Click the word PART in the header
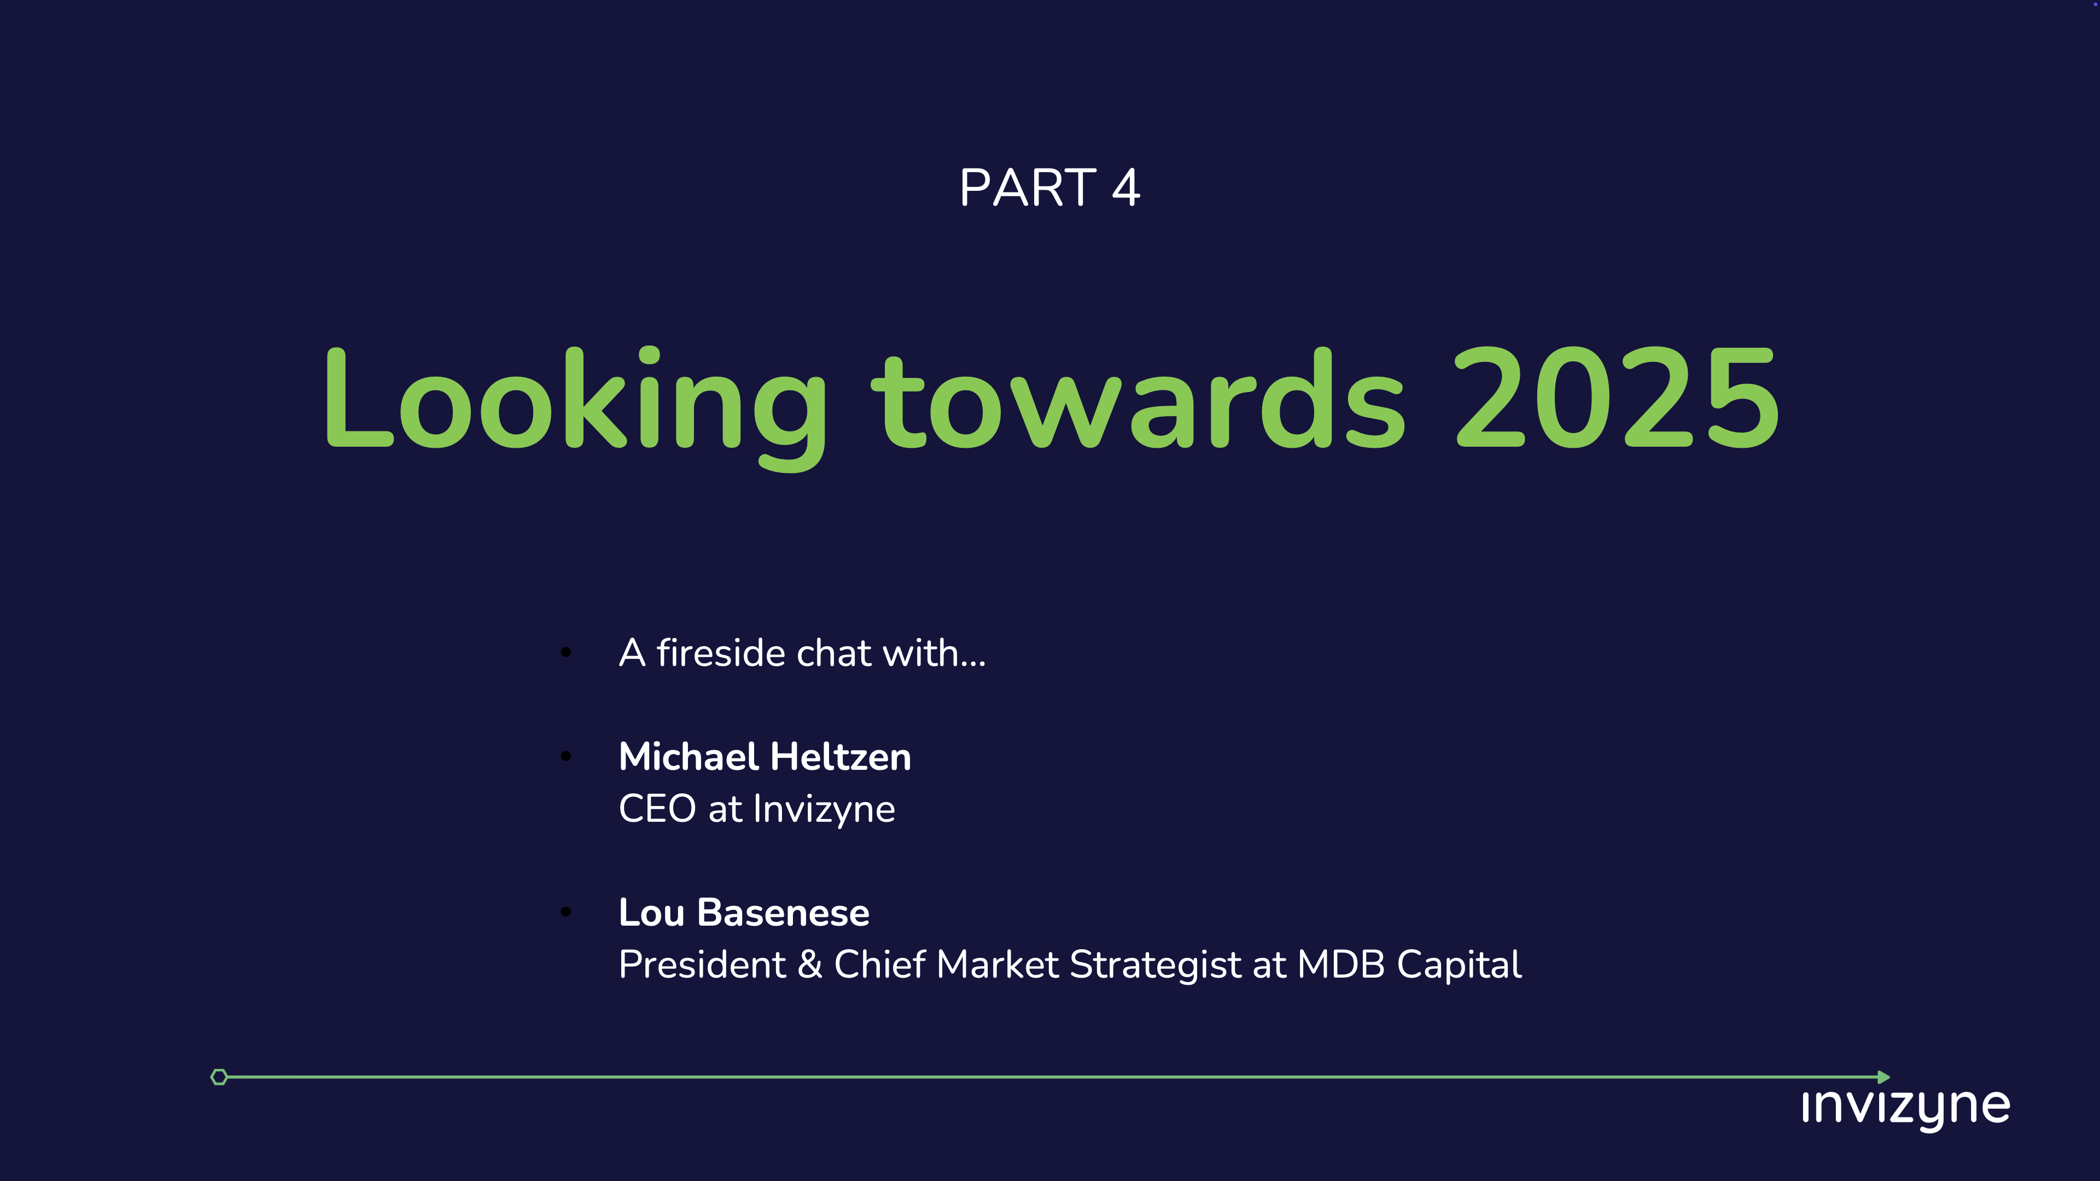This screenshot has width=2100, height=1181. coord(1027,188)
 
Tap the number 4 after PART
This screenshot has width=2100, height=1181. coord(1126,188)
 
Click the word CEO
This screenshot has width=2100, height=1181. coord(657,809)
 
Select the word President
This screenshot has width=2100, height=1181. coord(702,965)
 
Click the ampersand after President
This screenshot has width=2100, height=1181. coord(809,965)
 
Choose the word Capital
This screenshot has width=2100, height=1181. coord(1459,966)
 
